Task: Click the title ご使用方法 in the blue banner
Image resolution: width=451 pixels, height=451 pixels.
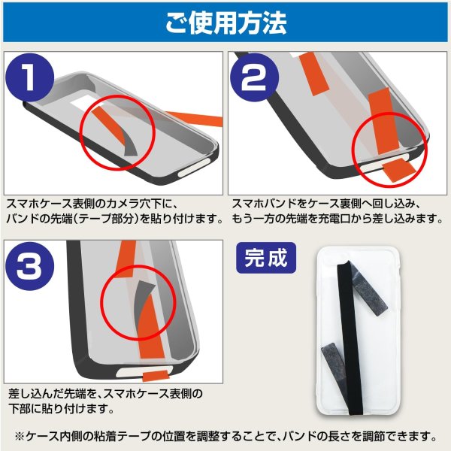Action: (x=225, y=23)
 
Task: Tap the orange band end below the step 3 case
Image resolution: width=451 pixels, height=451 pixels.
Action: (x=155, y=373)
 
